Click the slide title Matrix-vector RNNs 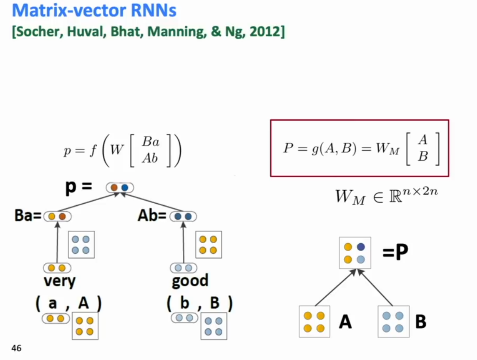click(94, 10)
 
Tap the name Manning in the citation click(177, 32)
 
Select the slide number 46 click(16, 348)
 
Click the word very click(60, 281)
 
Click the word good click(190, 281)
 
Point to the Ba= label click(28, 215)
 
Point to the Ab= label click(152, 216)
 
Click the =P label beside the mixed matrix click(395, 252)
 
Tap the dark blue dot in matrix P click(361, 247)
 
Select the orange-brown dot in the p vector click(114, 188)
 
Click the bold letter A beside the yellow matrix click(345, 322)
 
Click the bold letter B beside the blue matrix click(421, 322)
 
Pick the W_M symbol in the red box click(388, 149)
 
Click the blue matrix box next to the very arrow click(81, 244)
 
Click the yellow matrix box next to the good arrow click(208, 244)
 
